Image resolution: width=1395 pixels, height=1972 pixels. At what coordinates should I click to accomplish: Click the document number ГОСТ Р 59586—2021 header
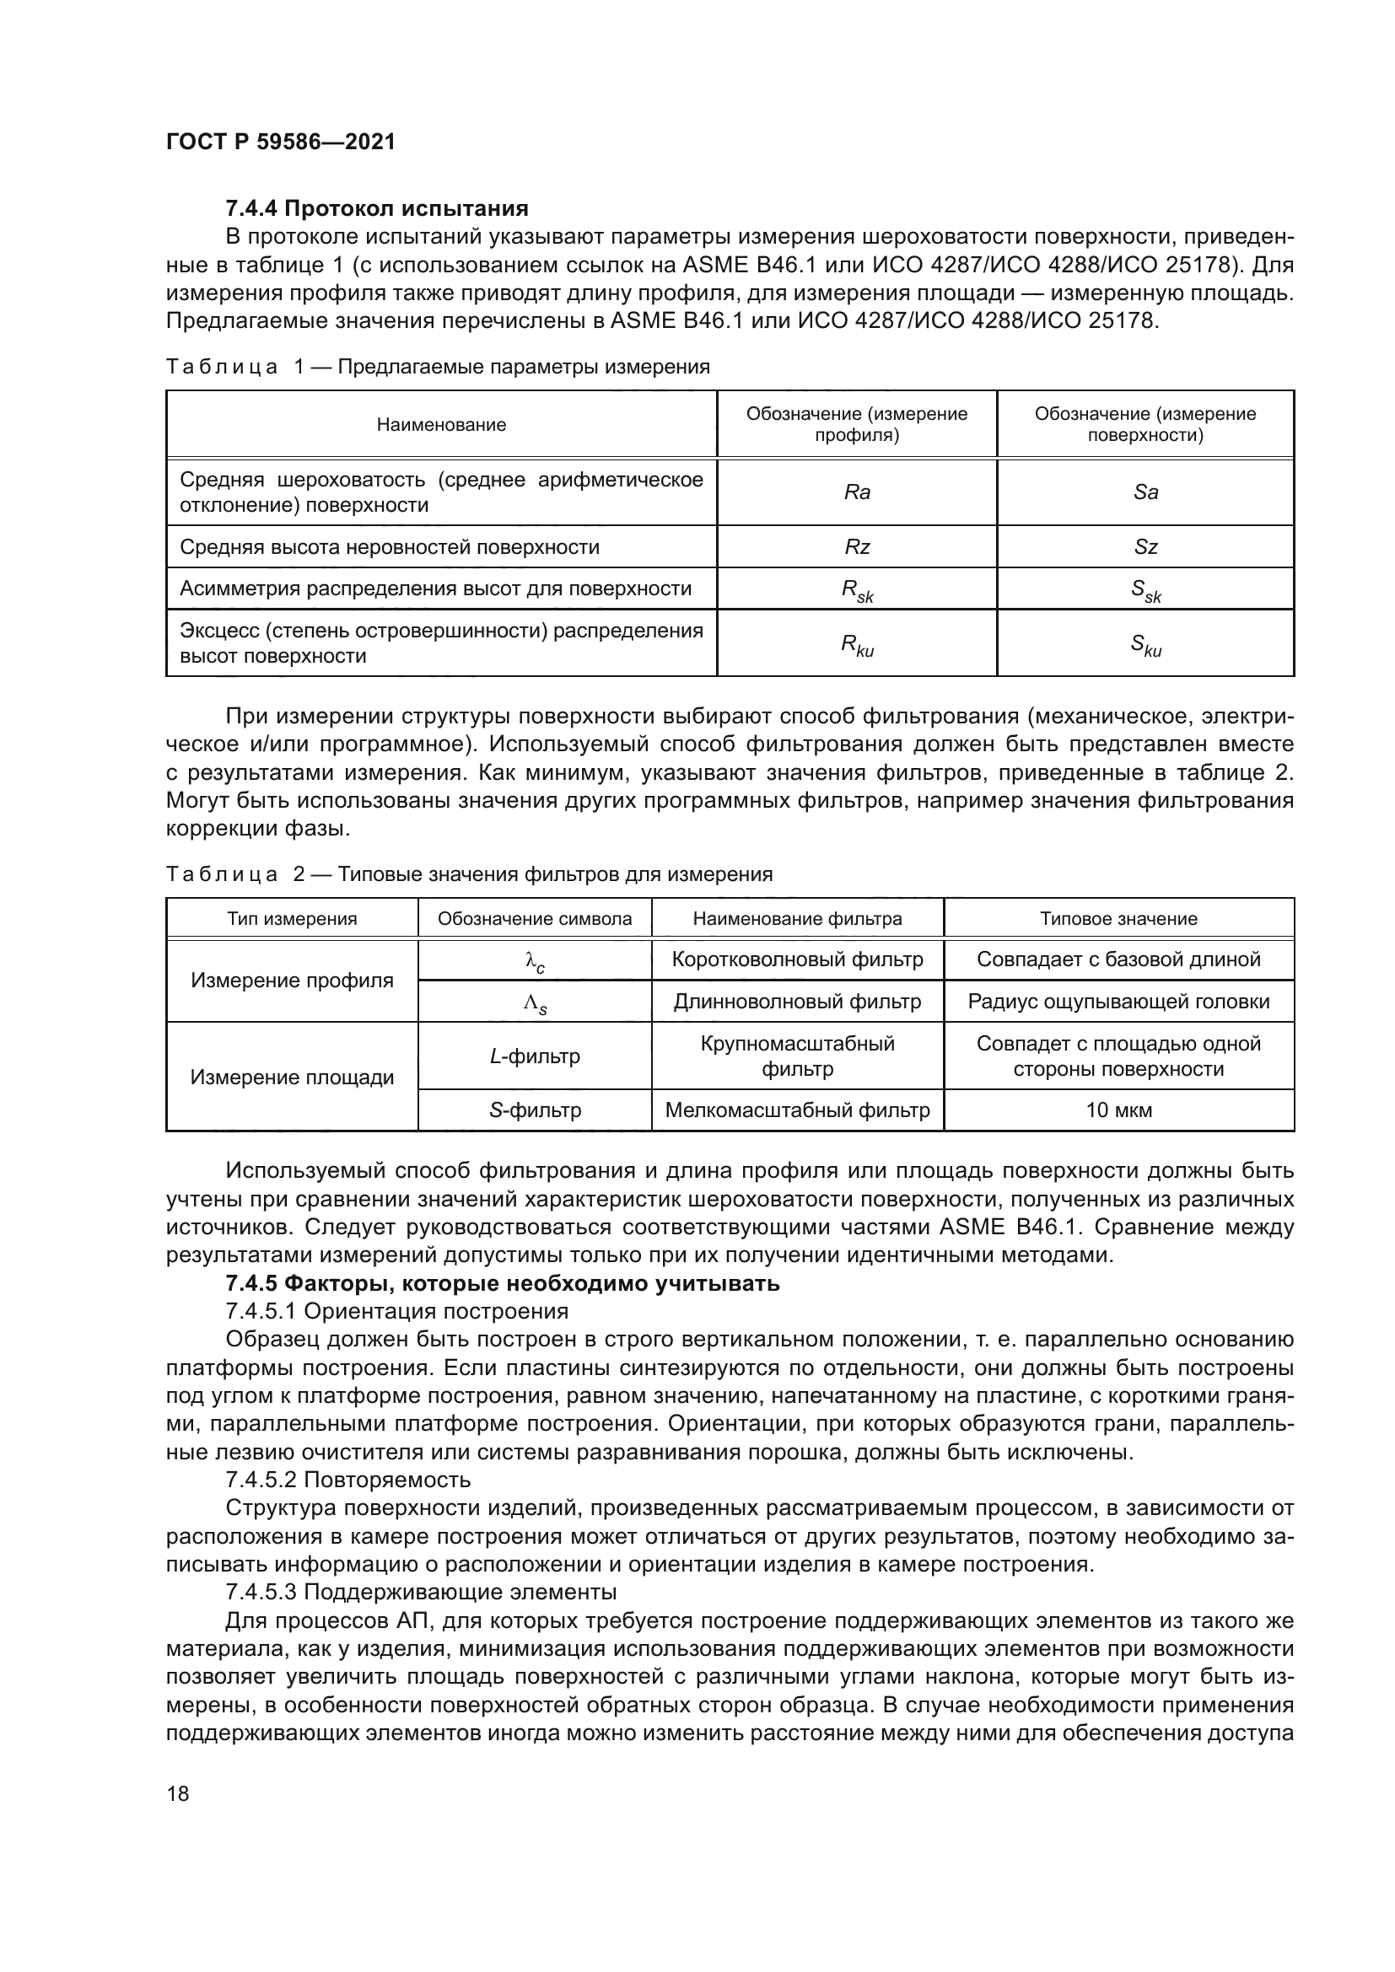[280, 142]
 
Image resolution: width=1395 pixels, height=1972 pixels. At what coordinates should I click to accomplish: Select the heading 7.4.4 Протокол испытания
[376, 208]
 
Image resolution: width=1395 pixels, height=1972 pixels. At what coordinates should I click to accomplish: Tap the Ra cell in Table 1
[856, 492]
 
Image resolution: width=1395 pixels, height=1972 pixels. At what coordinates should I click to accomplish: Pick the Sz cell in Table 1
[1145, 547]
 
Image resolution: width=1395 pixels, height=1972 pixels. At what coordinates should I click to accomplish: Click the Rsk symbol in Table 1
[856, 590]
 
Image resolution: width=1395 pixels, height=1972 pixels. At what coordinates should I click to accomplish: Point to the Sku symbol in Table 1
[1145, 644]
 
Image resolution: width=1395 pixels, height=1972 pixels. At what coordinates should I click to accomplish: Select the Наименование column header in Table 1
[440, 424]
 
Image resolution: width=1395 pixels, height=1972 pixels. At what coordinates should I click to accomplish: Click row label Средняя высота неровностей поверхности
[389, 547]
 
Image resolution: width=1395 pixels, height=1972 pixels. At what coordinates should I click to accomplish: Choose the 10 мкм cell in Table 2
[1118, 1110]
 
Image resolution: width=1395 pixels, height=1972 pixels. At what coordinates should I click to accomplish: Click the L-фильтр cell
[534, 1056]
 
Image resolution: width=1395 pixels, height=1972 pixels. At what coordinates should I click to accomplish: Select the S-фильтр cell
[534, 1110]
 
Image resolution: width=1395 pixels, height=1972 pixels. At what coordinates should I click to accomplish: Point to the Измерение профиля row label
[292, 980]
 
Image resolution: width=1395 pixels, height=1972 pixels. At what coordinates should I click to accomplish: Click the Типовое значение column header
[1118, 918]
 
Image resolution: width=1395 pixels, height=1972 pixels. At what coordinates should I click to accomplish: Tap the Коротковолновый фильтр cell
[797, 959]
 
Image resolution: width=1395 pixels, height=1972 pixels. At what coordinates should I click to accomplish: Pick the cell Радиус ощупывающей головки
[1118, 1002]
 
